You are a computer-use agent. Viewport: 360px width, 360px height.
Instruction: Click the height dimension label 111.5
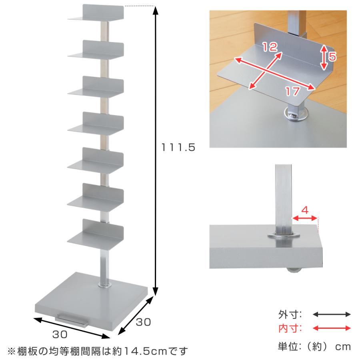tap(178, 147)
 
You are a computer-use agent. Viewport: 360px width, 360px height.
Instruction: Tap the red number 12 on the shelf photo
tap(270, 47)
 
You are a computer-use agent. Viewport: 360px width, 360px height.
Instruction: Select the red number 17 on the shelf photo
tap(292, 91)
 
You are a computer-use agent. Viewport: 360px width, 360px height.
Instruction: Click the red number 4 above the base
tap(305, 210)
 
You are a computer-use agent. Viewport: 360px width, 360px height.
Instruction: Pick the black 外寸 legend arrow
tap(332, 314)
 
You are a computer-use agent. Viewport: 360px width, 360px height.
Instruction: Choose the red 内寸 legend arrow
tap(332, 328)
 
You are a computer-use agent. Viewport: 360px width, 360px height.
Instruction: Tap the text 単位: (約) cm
tap(314, 347)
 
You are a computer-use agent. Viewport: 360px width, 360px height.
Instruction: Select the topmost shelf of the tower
tap(96, 13)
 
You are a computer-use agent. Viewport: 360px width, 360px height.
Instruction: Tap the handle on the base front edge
tap(72, 320)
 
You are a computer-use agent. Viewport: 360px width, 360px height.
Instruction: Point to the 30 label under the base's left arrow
tap(60, 334)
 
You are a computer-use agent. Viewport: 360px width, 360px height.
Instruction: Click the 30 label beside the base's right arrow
tap(143, 322)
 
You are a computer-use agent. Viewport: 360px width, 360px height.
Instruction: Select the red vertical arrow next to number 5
tap(324, 57)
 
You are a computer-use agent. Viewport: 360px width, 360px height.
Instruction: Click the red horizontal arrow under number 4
tap(305, 218)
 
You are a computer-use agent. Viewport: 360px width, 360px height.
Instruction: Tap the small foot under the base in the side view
tap(294, 271)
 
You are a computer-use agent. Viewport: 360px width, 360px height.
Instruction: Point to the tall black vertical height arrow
tap(156, 151)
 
